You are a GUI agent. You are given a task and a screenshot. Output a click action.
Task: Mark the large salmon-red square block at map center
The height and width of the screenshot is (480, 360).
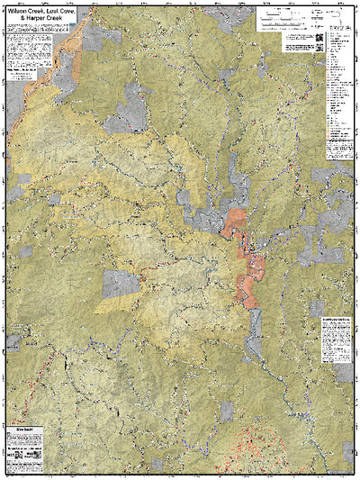[x=237, y=221]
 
